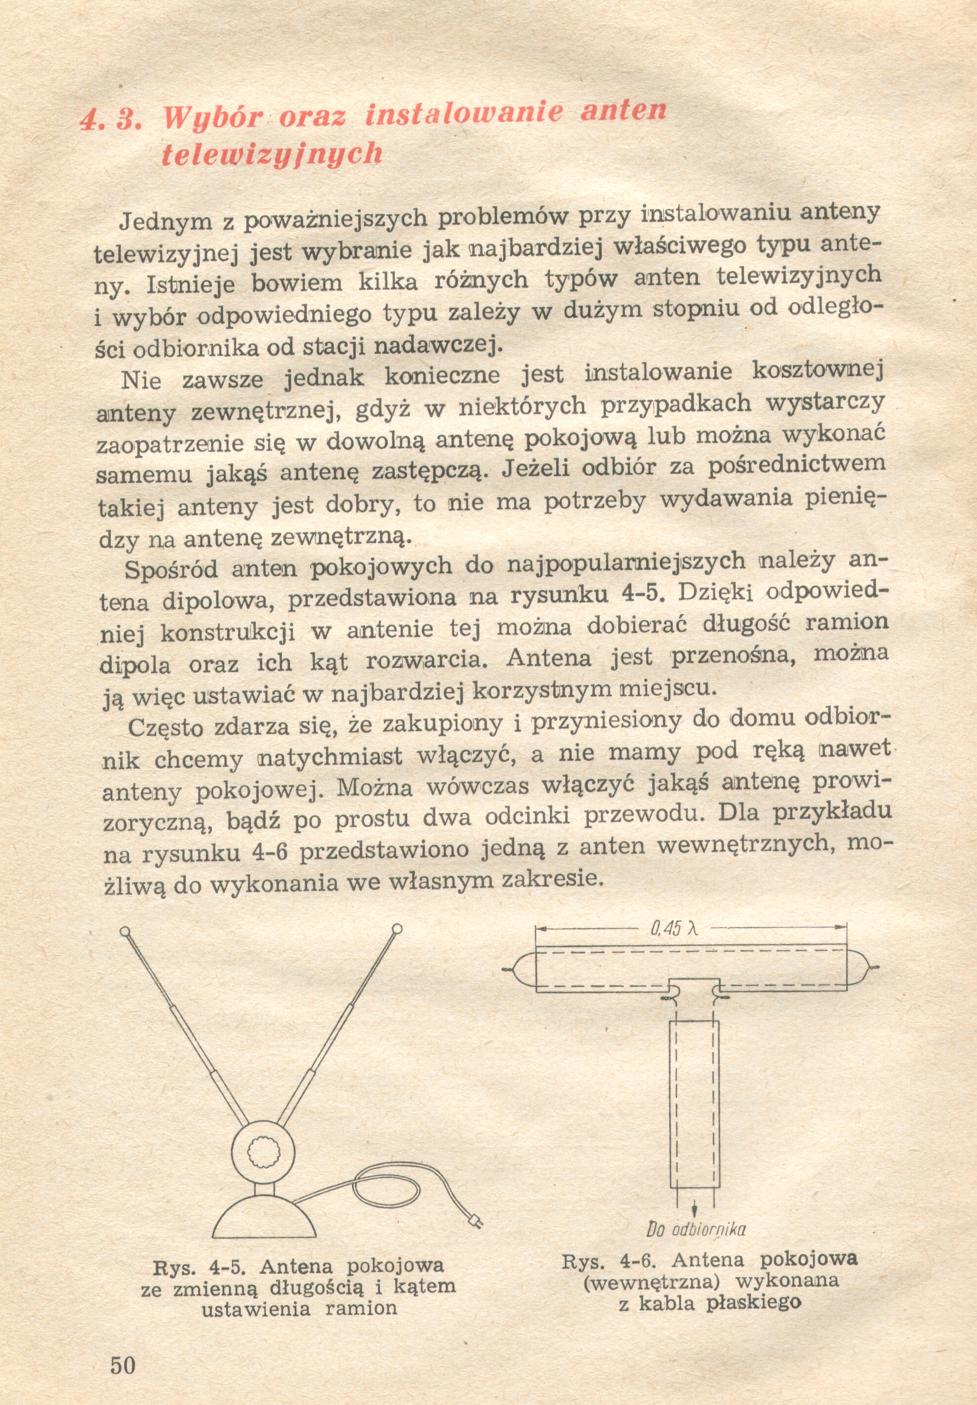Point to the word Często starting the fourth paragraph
pos(165,728)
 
